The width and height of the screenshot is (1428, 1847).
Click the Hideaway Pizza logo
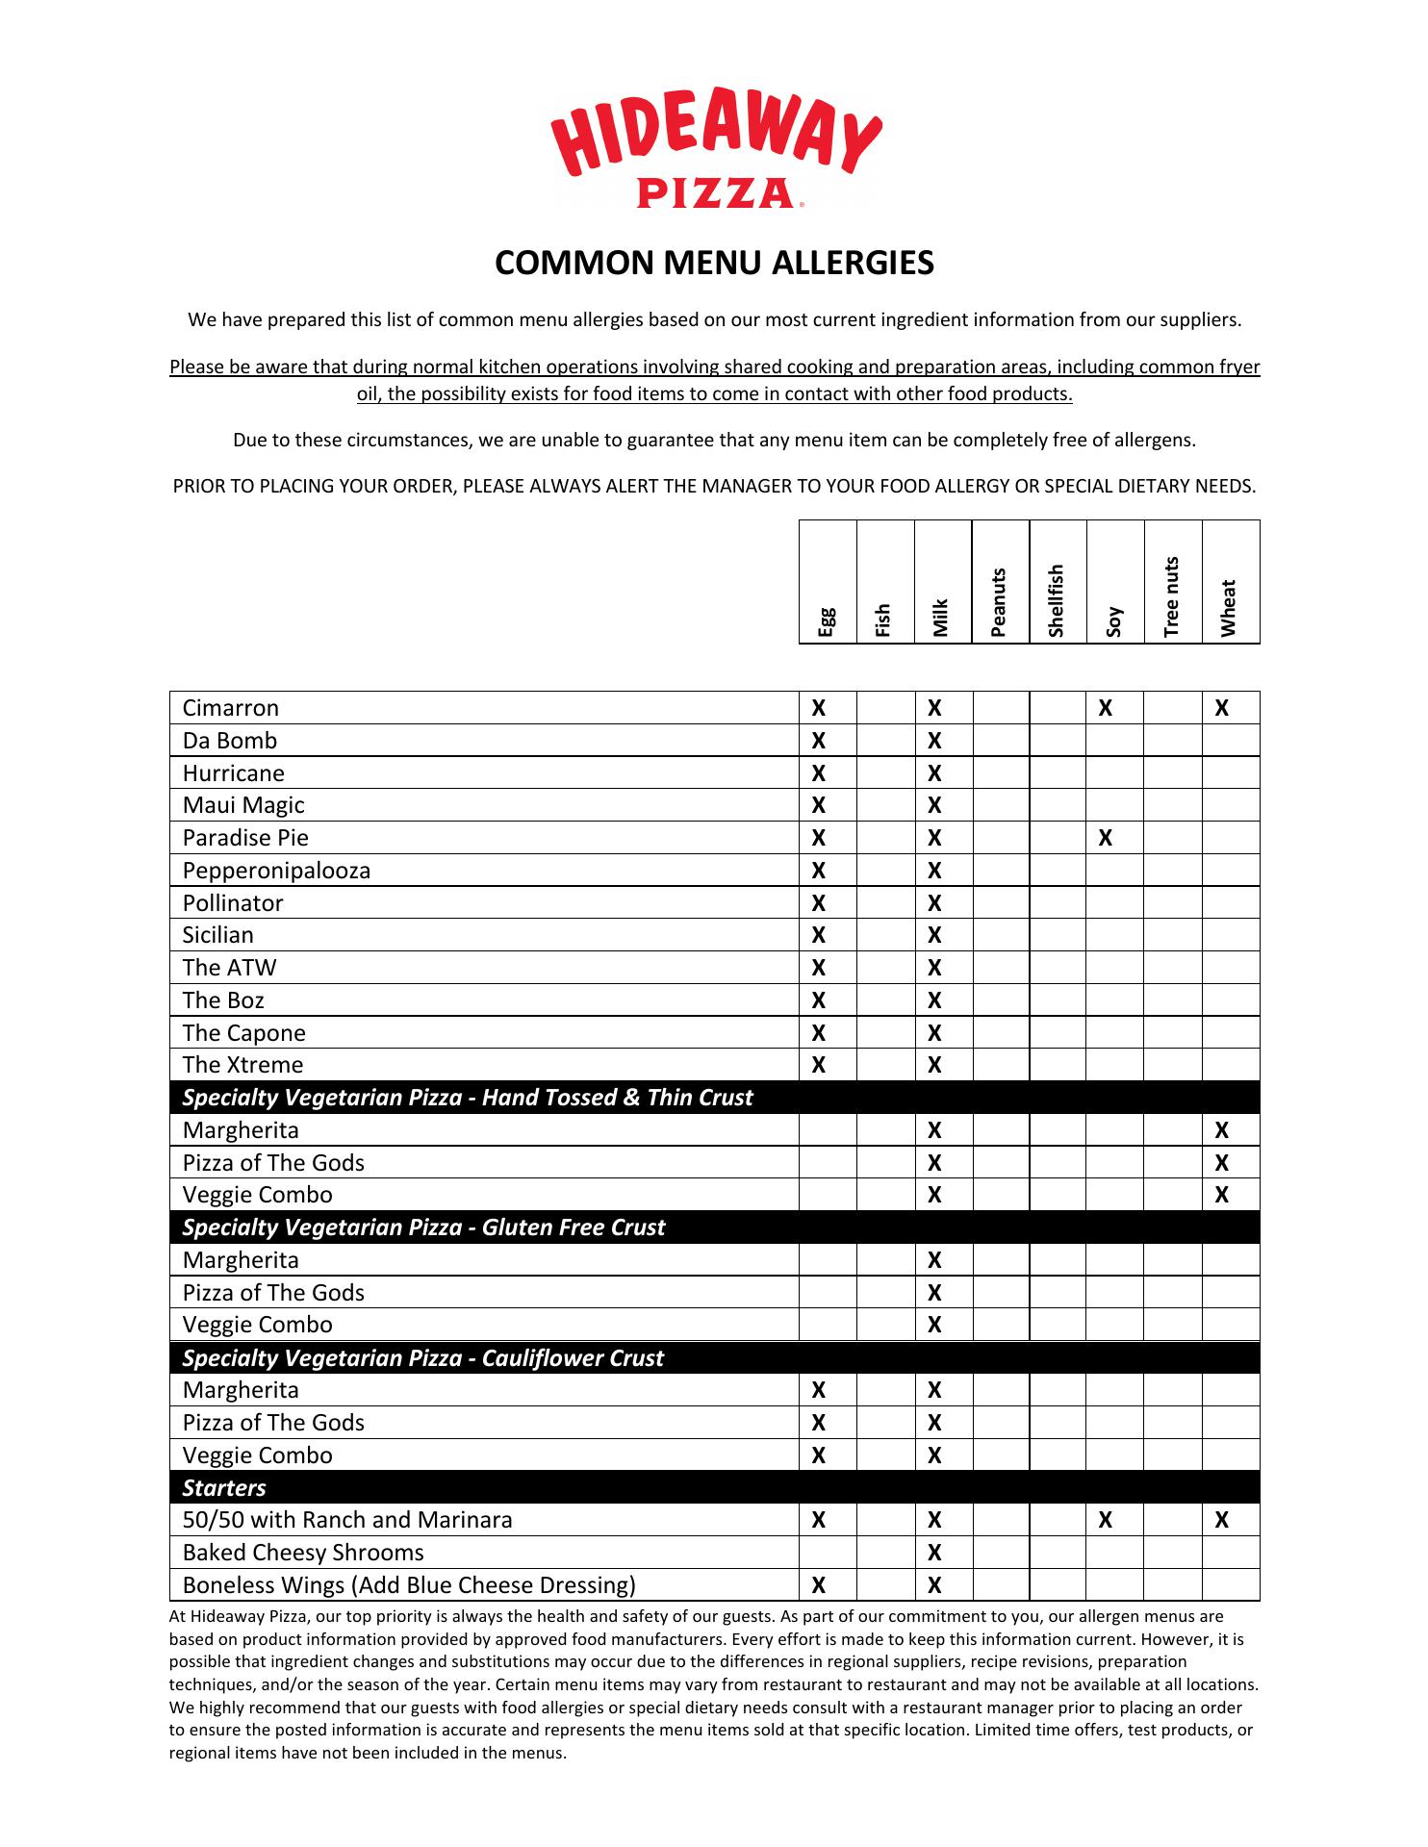coord(715,156)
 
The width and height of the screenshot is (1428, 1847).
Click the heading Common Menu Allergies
coord(714,263)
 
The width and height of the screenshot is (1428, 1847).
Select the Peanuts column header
coord(1000,602)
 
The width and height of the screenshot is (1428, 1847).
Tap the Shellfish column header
coord(1058,600)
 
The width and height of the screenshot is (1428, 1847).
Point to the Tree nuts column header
coord(1172,596)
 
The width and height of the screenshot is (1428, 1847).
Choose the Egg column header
coord(827,621)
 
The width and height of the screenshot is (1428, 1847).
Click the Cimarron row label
coord(231,708)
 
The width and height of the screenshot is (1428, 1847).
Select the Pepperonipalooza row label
coord(276,871)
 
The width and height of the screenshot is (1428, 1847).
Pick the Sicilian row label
coord(218,935)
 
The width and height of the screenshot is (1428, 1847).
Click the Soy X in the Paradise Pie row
coord(1106,838)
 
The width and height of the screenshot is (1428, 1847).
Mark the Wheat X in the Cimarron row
coord(1221,709)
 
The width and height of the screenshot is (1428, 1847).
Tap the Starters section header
coord(224,1487)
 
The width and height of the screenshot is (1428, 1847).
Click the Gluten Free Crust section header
coord(423,1227)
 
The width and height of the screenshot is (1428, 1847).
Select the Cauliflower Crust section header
coord(422,1357)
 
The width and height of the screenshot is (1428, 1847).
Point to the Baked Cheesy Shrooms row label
coord(303,1553)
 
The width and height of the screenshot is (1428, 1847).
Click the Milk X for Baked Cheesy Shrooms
coord(934,1553)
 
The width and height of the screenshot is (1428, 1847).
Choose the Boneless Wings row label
coord(409,1585)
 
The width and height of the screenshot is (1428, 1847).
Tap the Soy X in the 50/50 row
coord(1106,1520)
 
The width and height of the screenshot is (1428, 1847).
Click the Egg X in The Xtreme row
coord(819,1065)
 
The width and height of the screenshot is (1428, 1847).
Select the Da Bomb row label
coord(230,741)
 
